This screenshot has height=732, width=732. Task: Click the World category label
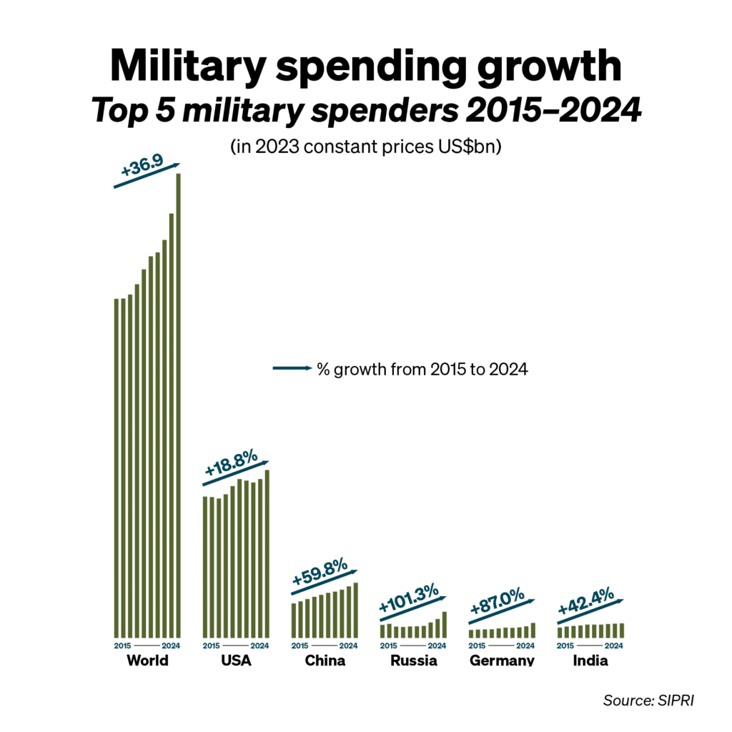[147, 661]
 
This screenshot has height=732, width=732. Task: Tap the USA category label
[236, 661]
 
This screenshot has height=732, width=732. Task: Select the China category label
[325, 661]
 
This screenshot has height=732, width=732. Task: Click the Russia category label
[413, 661]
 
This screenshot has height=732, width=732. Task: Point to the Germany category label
[502, 661]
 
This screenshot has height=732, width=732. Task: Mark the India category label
[590, 661]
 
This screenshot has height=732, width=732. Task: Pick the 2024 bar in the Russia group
[445, 624]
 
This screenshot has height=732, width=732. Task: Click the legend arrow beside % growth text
[292, 368]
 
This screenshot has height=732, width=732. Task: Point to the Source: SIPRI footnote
[648, 700]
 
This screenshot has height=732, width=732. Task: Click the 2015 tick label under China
[300, 646]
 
